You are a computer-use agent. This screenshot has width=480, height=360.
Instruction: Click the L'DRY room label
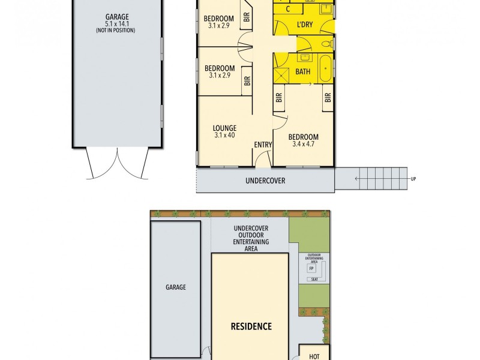click(305, 25)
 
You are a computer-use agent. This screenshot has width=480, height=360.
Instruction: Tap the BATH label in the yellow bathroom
click(303, 72)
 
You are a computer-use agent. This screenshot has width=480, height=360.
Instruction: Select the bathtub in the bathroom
click(325, 68)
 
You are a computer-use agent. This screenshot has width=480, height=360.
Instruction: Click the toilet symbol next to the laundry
click(324, 44)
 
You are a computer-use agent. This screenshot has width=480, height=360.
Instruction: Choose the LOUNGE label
click(224, 128)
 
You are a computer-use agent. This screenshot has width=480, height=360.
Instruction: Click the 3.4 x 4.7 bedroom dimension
click(304, 145)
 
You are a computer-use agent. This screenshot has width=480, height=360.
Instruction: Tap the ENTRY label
click(263, 145)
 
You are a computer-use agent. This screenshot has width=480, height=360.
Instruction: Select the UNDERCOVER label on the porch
click(265, 181)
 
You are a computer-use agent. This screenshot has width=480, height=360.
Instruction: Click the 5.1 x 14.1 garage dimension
click(117, 25)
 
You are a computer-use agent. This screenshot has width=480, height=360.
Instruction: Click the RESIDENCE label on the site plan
click(251, 326)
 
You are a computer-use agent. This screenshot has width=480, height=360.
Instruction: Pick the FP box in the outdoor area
click(311, 268)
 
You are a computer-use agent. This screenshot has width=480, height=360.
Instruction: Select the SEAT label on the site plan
click(313, 280)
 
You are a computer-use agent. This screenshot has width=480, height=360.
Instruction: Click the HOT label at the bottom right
click(314, 355)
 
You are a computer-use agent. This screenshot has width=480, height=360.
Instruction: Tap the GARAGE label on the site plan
click(175, 287)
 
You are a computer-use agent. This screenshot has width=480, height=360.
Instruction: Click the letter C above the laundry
click(289, 9)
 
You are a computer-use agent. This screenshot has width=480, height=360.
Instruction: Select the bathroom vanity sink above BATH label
click(304, 58)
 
